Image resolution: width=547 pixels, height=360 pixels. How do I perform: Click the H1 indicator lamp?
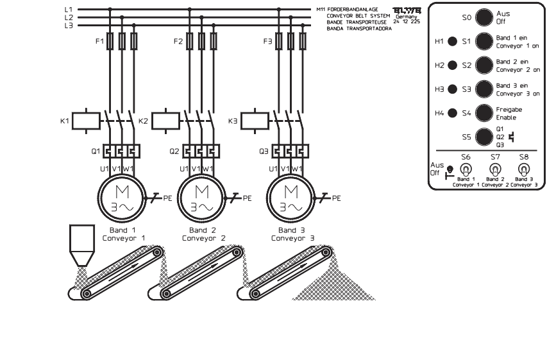pos(452,42)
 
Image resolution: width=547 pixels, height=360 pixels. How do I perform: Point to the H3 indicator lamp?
pos(452,89)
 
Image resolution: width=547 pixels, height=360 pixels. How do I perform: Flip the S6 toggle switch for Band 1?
pos(466,169)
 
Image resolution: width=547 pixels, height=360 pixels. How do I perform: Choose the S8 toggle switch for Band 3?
pos(523,169)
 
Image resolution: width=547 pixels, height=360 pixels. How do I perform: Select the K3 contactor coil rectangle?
pos(254,121)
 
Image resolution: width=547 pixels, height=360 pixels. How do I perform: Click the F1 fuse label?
pos(98,42)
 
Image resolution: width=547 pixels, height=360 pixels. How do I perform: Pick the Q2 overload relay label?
pos(174,152)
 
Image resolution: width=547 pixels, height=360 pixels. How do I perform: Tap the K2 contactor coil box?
pos(169,121)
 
